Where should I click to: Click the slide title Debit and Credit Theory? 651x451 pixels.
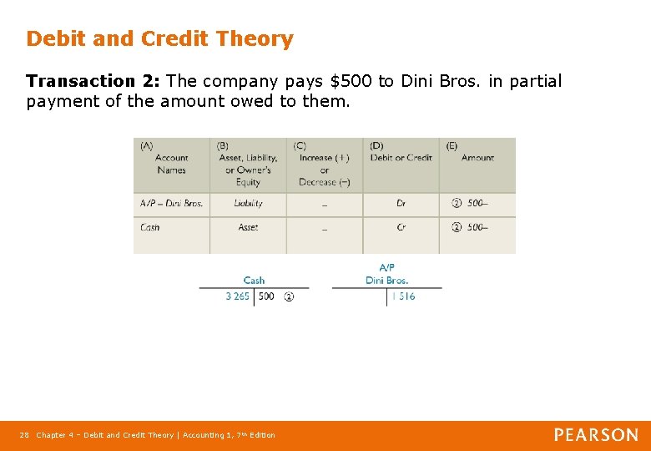(x=159, y=38)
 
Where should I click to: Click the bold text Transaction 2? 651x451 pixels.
(x=93, y=81)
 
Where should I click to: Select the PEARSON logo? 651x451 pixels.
(x=596, y=434)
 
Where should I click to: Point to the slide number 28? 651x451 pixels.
(x=25, y=435)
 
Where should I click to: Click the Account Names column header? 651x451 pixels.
(x=171, y=164)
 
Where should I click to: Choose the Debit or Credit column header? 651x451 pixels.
(x=401, y=158)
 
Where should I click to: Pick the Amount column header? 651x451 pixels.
(x=477, y=158)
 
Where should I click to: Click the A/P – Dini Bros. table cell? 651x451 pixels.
(x=171, y=203)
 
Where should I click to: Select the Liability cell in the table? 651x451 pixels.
(x=248, y=203)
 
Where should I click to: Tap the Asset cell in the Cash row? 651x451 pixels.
(x=248, y=227)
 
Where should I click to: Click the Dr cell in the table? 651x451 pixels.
(x=401, y=203)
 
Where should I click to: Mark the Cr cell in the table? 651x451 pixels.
(x=401, y=227)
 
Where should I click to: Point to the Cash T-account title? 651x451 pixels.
(x=254, y=281)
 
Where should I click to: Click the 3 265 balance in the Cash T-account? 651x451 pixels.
(x=237, y=296)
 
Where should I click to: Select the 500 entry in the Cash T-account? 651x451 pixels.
(x=266, y=296)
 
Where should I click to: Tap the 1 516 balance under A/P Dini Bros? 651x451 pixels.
(x=403, y=296)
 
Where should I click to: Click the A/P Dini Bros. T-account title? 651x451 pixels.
(x=386, y=274)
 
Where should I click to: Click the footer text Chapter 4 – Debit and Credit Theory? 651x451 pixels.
(x=104, y=435)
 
